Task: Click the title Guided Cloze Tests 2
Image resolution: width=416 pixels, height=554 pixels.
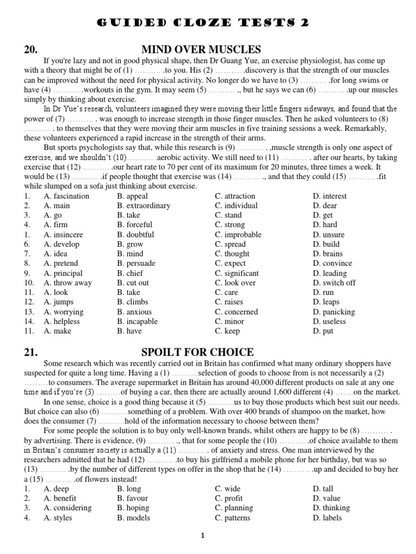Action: click(x=208, y=22)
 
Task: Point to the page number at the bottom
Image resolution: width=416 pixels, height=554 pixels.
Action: click(x=203, y=536)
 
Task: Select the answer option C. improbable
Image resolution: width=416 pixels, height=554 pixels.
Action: click(x=238, y=235)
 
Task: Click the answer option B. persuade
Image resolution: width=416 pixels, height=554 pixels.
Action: click(x=136, y=263)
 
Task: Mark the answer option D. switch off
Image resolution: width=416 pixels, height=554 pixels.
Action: click(x=334, y=283)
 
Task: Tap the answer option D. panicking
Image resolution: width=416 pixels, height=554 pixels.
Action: click(x=334, y=312)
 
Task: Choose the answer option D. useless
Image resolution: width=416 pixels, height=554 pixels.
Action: click(x=330, y=321)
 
